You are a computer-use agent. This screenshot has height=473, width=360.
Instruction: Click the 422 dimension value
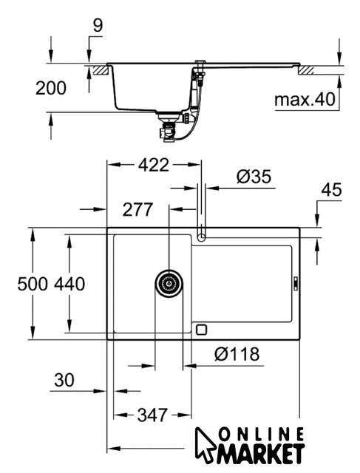[x=154, y=165]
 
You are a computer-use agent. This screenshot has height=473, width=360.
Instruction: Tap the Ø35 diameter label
[x=254, y=177]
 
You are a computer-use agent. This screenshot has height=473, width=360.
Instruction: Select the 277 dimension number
[x=137, y=209]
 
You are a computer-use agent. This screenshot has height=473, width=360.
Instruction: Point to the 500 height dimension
[x=33, y=284]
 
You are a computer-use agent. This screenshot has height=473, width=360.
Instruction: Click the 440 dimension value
[x=69, y=284]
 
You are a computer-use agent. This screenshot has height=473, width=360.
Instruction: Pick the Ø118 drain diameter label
[x=237, y=354]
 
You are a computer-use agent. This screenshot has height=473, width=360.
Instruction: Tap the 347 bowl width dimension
[x=152, y=415]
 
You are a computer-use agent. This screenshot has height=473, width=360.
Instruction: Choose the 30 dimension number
[x=64, y=380]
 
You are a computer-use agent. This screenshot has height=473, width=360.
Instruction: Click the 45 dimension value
[x=332, y=190]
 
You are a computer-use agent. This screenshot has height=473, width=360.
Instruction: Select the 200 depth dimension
[x=51, y=88]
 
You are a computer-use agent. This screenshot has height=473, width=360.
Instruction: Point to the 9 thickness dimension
[x=98, y=25]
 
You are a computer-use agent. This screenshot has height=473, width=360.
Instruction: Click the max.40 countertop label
[x=305, y=99]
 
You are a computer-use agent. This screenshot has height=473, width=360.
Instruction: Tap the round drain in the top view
[x=169, y=284]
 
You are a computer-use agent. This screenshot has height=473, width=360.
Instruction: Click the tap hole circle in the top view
[x=201, y=237]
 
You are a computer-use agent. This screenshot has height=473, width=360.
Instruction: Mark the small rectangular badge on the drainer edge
[x=296, y=284]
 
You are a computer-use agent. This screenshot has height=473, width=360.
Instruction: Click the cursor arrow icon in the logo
[x=205, y=445]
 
